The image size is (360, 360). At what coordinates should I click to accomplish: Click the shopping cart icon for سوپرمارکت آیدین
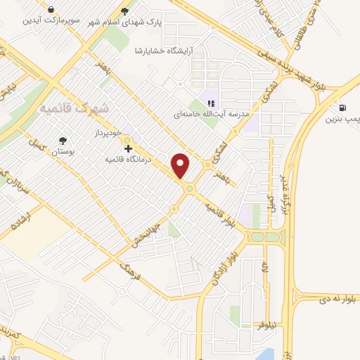(x=52, y=9)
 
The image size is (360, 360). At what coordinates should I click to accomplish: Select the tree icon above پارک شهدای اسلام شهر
(x=125, y=11)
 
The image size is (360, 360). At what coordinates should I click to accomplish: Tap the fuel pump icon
(x=342, y=108)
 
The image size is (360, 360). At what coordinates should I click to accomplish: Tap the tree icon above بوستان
(x=63, y=141)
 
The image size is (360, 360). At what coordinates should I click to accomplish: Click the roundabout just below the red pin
(x=188, y=188)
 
